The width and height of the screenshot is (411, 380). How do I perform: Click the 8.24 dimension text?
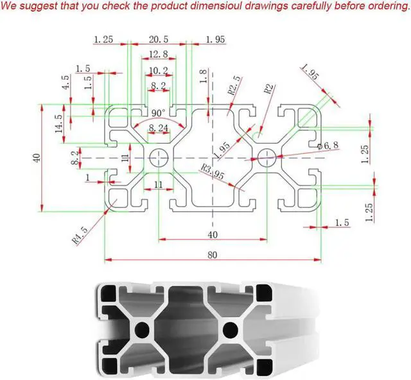pos(159,129)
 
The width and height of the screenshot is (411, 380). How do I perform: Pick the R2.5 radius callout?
pos(235,87)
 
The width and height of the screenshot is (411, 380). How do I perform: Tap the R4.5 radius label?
pos(79,236)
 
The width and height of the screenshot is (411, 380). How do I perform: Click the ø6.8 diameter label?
pos(329,146)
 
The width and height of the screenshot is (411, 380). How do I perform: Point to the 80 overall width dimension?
pos(213,254)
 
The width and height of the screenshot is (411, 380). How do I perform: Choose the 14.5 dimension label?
pos(59,123)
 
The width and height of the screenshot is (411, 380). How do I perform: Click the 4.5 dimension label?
pos(65,83)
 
